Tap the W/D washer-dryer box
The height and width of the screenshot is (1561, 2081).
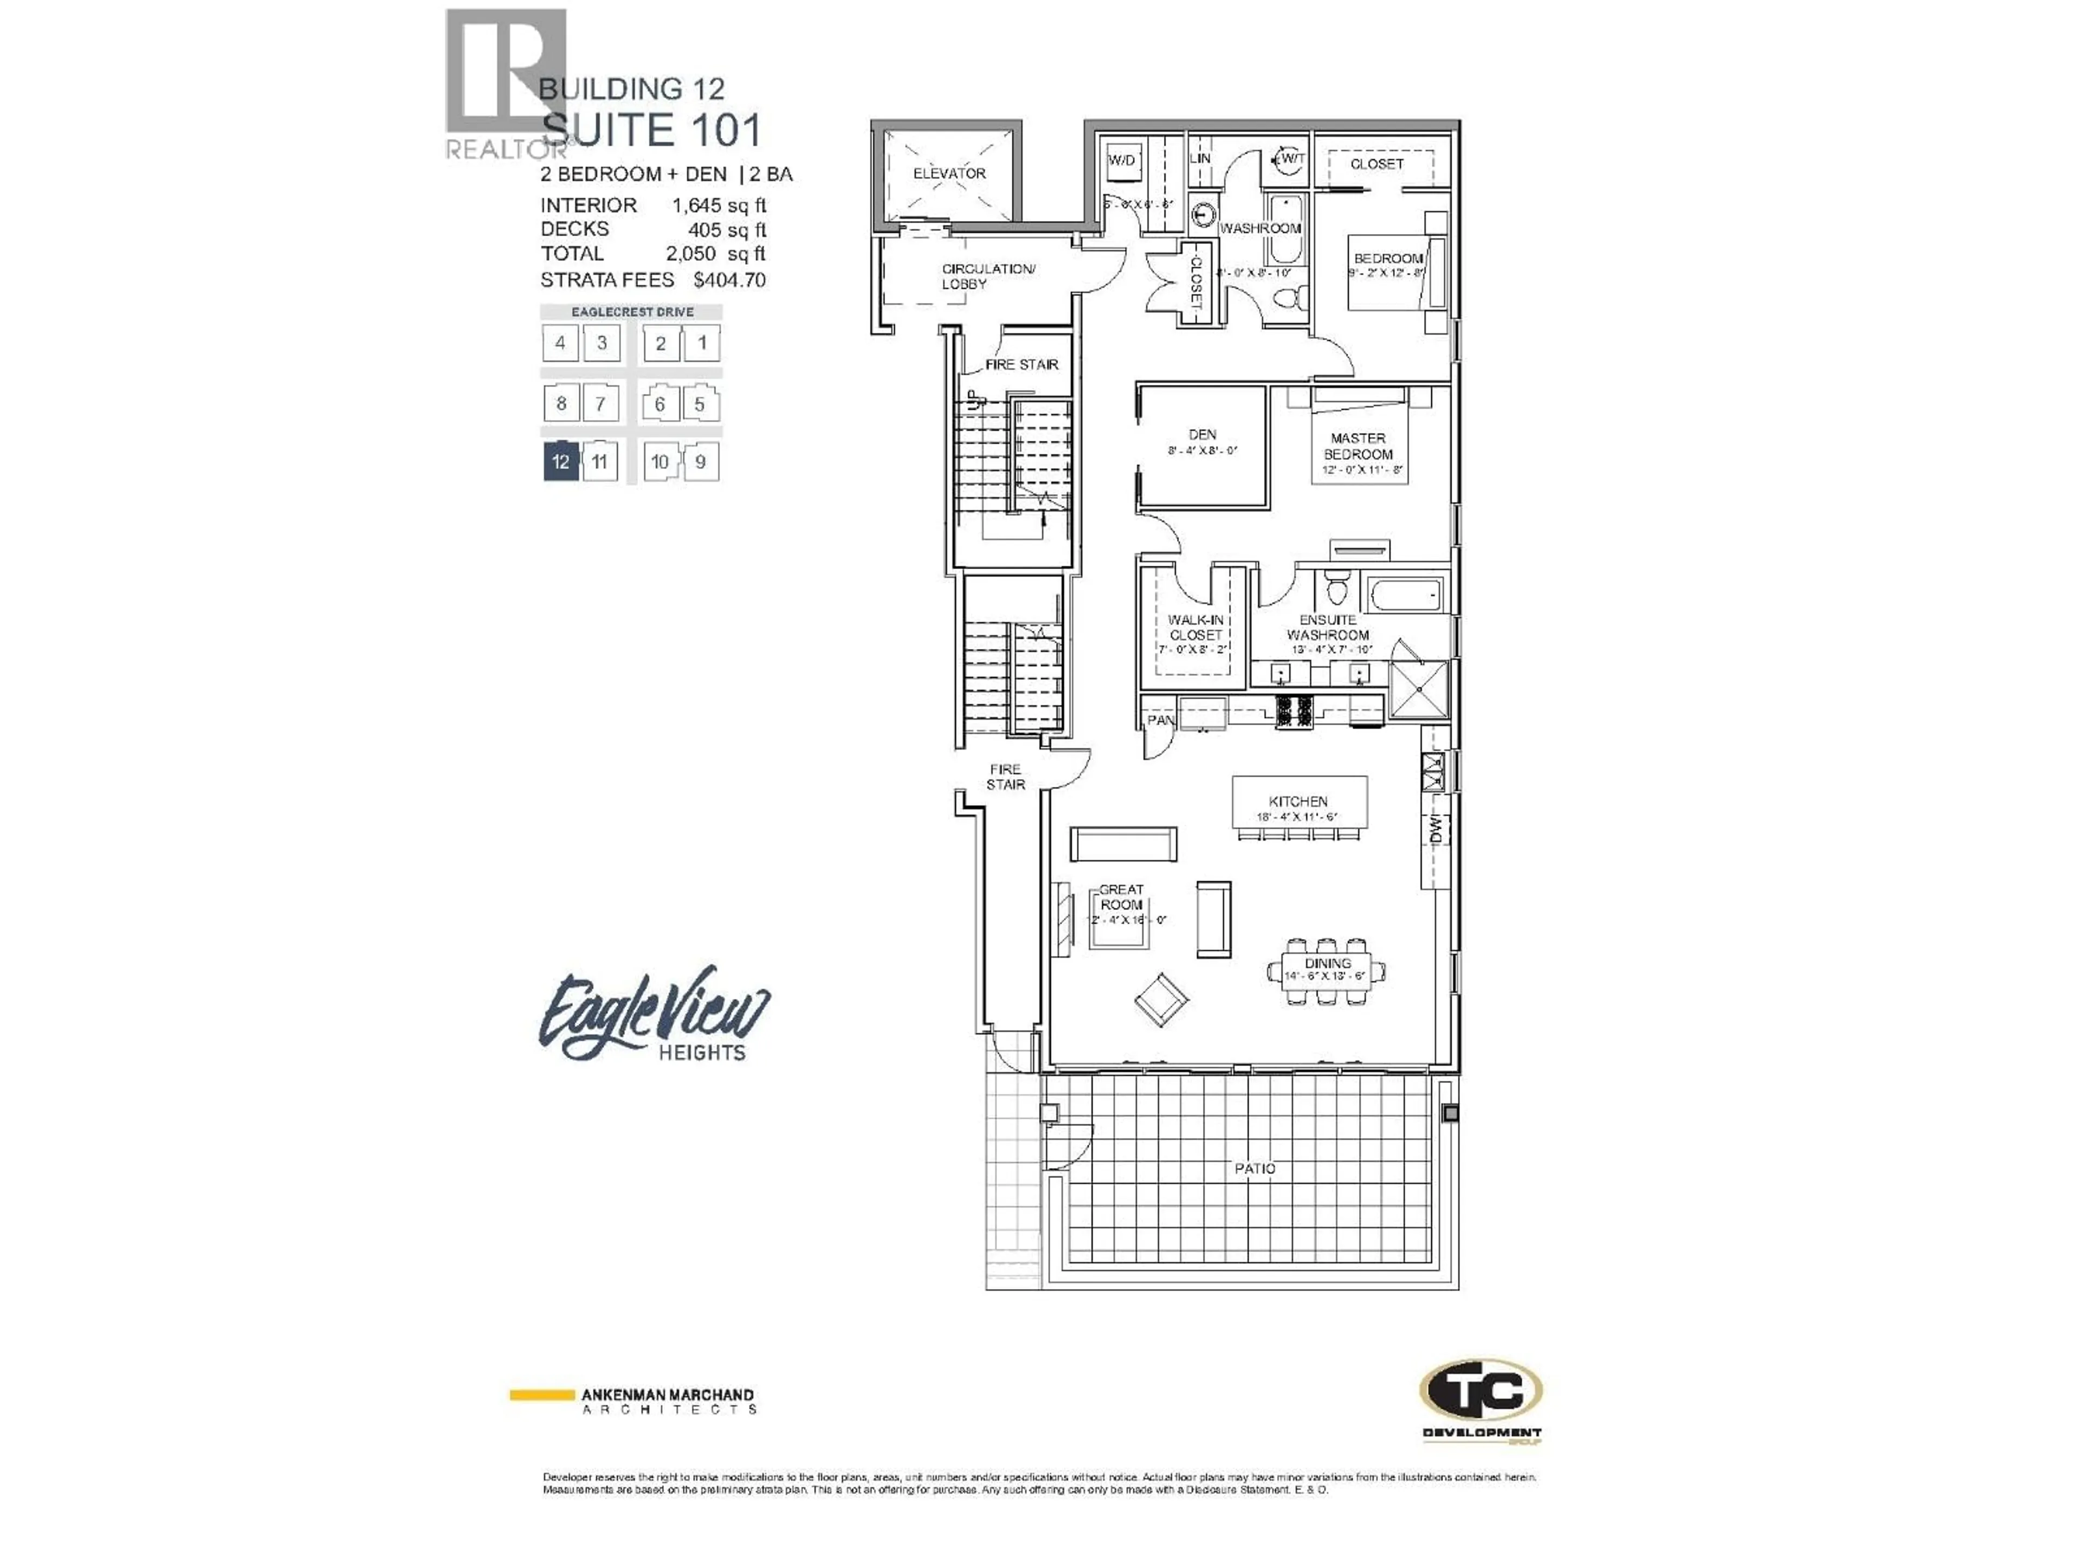[x=1121, y=161]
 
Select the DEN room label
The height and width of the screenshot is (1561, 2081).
[x=1203, y=435]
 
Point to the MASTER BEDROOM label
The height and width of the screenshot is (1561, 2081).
[x=1358, y=446]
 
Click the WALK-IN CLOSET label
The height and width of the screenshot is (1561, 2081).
[x=1195, y=628]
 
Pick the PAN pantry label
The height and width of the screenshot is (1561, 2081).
[x=1160, y=721]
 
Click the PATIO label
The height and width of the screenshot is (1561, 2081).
[x=1255, y=1169]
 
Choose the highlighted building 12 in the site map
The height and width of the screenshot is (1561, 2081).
[x=561, y=462]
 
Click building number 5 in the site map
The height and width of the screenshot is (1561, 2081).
[x=699, y=404]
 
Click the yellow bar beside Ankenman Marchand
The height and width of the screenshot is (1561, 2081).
[x=542, y=1395]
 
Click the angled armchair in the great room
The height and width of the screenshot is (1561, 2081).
[x=1160, y=999]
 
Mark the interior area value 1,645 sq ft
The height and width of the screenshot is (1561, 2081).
[x=719, y=205]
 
